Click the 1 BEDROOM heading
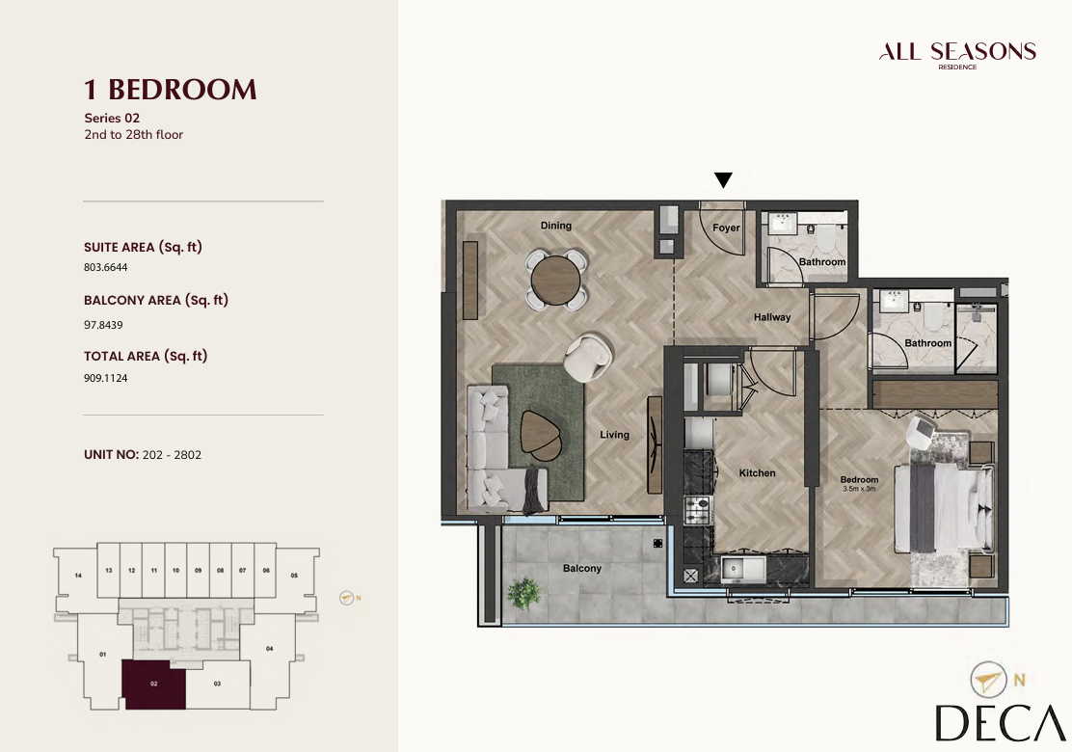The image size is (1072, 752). pos(171,90)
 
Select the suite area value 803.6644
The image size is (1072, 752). pos(106,267)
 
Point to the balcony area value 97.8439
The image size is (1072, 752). pos(103,325)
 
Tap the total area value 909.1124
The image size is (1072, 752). pos(106,378)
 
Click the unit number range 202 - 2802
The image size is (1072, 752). pos(172,455)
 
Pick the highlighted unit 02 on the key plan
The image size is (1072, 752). pos(154,685)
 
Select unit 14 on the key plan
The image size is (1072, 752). pos(78,576)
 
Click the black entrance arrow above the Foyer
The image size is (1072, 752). pos(723,179)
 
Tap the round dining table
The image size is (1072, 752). pos(556,279)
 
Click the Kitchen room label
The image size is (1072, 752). pos(758,473)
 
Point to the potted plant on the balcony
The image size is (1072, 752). pos(524,592)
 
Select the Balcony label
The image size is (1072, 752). pos(582,568)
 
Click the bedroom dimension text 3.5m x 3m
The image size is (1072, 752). pos(859,489)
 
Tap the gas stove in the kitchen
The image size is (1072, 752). pos(698,510)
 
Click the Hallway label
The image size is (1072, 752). pos(772,317)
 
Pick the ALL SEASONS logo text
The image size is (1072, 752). pos(957,52)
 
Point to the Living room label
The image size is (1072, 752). pos(615,435)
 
